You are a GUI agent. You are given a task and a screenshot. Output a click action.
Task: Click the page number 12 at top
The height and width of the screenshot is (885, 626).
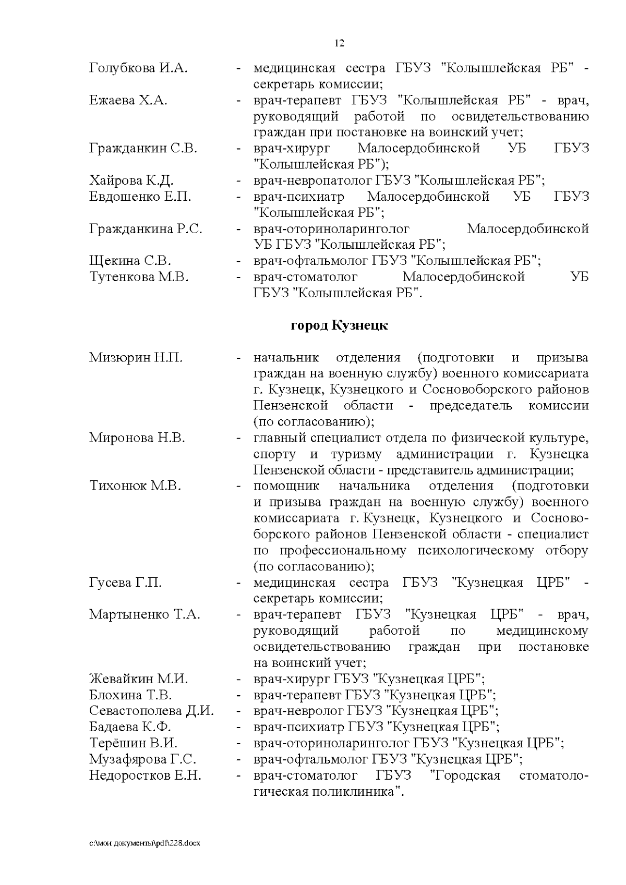coord(339,43)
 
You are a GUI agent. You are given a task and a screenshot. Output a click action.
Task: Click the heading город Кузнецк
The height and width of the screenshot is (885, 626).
coord(339,326)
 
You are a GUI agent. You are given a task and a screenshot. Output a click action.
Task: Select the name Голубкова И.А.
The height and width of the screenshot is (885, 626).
coord(138,68)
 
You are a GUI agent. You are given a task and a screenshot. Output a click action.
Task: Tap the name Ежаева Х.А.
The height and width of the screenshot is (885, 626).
coord(128,101)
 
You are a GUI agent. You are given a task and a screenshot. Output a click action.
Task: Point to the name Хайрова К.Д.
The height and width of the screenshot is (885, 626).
coord(131,181)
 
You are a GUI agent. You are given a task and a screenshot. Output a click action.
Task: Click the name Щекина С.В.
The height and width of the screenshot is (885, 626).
coord(130,261)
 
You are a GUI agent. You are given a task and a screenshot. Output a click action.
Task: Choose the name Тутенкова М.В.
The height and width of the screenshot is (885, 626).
coord(139,277)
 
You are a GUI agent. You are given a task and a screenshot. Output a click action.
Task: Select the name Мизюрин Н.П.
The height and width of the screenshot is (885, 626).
coord(136,358)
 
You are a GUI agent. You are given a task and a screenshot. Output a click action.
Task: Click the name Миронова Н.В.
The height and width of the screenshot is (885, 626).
coord(137,438)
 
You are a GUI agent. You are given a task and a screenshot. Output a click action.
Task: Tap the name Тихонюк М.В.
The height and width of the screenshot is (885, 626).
coord(135,486)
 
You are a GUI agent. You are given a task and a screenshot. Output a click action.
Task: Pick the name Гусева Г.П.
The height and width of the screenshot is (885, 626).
coord(126,583)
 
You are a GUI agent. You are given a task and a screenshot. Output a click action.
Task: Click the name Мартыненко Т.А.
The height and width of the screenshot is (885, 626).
coord(145,615)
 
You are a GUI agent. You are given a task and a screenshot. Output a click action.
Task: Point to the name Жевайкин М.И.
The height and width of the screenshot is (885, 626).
coord(139,680)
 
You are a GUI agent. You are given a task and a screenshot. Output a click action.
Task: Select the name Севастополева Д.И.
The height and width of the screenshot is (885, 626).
coord(152,711)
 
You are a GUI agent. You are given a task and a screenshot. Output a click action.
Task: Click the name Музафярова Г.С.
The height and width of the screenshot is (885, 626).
coord(143,759)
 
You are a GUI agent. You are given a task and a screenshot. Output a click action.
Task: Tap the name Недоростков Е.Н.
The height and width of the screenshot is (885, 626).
coord(145,775)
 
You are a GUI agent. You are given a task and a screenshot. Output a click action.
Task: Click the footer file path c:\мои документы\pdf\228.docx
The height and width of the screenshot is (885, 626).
coord(145,843)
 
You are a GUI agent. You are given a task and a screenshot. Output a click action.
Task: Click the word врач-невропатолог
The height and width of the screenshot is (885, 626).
coord(312,181)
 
